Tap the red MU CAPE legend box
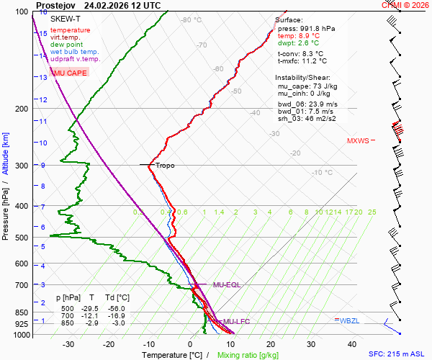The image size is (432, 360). pos(70,73)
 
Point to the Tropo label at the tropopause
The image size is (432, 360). pos(165,166)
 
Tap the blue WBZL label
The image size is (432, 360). pos(348,320)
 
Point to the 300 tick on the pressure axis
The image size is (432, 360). pos(20,166)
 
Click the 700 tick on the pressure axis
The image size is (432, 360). pos(20,285)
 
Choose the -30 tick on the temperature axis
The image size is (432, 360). pos(68,344)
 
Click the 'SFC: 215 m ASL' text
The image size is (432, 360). pos(397,355)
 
